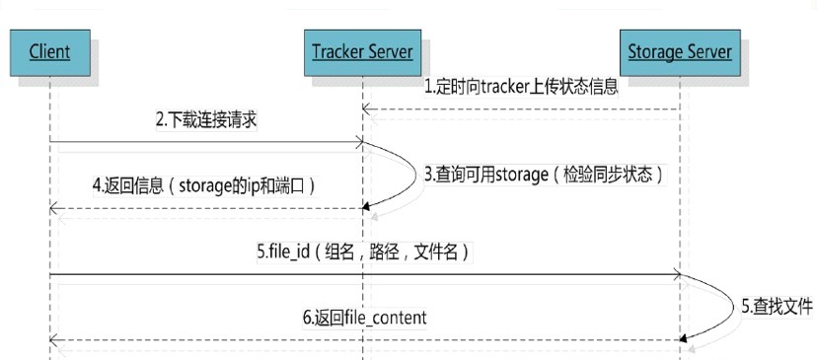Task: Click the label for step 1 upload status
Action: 521,86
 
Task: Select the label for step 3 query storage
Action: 544,174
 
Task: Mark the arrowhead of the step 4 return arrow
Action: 54,208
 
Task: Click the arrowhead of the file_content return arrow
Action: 54,339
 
